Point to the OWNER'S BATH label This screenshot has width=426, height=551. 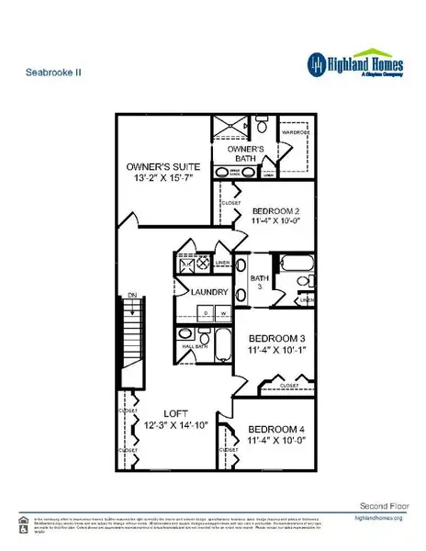(246, 152)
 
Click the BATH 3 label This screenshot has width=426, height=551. (259, 282)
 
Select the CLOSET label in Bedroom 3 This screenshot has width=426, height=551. (288, 384)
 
